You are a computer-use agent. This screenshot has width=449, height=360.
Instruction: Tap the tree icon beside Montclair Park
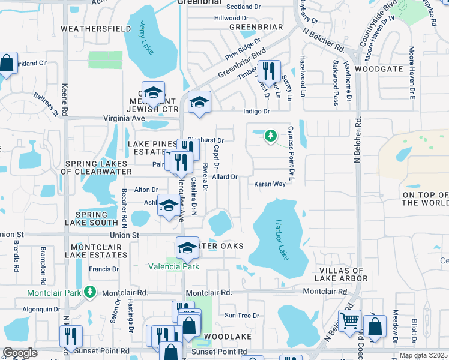point(89,292)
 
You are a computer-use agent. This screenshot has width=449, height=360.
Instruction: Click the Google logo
point(19,353)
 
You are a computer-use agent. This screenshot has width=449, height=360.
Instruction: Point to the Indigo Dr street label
point(258,111)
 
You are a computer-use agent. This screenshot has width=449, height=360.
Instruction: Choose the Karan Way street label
point(269,184)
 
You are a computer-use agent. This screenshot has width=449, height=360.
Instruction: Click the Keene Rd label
point(64,100)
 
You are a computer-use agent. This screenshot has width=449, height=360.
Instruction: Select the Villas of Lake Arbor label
point(341,274)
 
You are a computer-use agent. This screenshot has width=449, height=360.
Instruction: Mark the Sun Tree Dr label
point(241,315)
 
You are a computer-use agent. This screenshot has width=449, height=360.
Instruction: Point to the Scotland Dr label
point(243,7)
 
